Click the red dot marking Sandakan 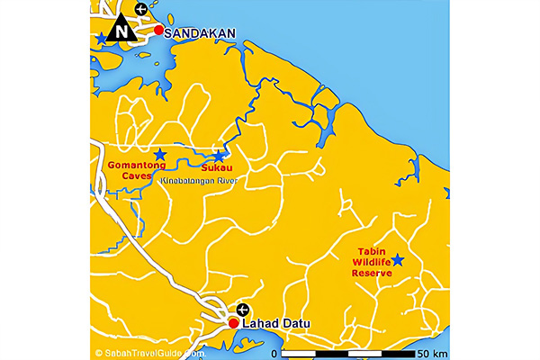coord(158,31)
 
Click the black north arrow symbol coord(120,30)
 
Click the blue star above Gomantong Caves coord(159,154)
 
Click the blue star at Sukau coord(218,156)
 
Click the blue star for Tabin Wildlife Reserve coord(397,260)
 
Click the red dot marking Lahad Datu coord(233,323)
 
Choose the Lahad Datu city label coord(274,324)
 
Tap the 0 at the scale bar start coord(274,352)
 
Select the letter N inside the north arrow coord(120,34)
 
